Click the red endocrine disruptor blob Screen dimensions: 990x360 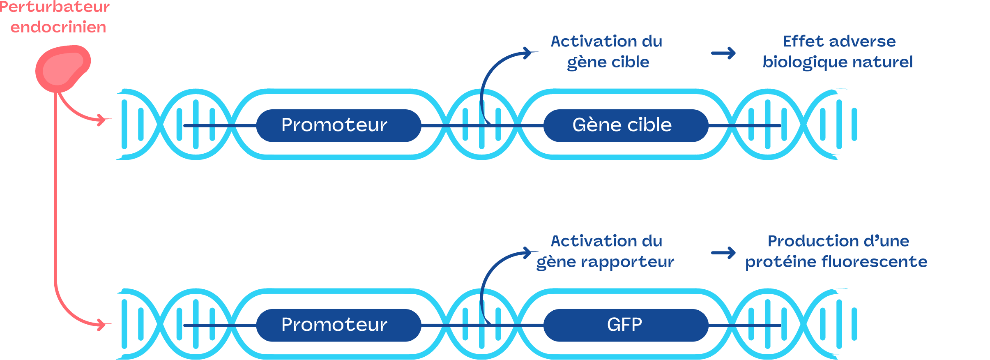[62, 69]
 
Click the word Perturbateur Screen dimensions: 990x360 [55, 7]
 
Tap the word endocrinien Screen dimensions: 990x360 [58, 27]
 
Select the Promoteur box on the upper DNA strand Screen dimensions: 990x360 [338, 125]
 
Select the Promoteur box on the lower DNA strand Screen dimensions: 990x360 [338, 325]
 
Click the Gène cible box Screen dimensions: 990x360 [626, 125]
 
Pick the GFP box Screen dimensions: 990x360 [626, 325]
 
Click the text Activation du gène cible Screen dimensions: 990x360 [607, 52]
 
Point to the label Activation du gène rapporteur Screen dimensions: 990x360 [606, 252]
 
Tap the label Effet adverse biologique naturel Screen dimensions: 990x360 [838, 52]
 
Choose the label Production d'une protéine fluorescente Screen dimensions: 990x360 [836, 252]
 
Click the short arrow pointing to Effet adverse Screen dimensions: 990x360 [723, 53]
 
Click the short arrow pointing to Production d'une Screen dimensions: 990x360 [723, 253]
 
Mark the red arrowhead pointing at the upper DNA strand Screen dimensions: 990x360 [103, 120]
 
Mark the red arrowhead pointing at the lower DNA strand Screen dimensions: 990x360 [103, 325]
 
